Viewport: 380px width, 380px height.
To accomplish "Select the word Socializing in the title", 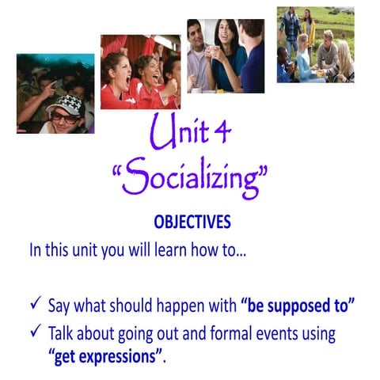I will (x=192, y=177).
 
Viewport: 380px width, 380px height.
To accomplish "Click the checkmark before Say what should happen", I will (x=34, y=305).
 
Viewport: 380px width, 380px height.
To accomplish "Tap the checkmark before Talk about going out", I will (x=34, y=333).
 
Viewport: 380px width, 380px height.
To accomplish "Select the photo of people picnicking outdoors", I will (x=316, y=45).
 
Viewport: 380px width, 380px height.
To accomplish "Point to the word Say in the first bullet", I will (x=59, y=306).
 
